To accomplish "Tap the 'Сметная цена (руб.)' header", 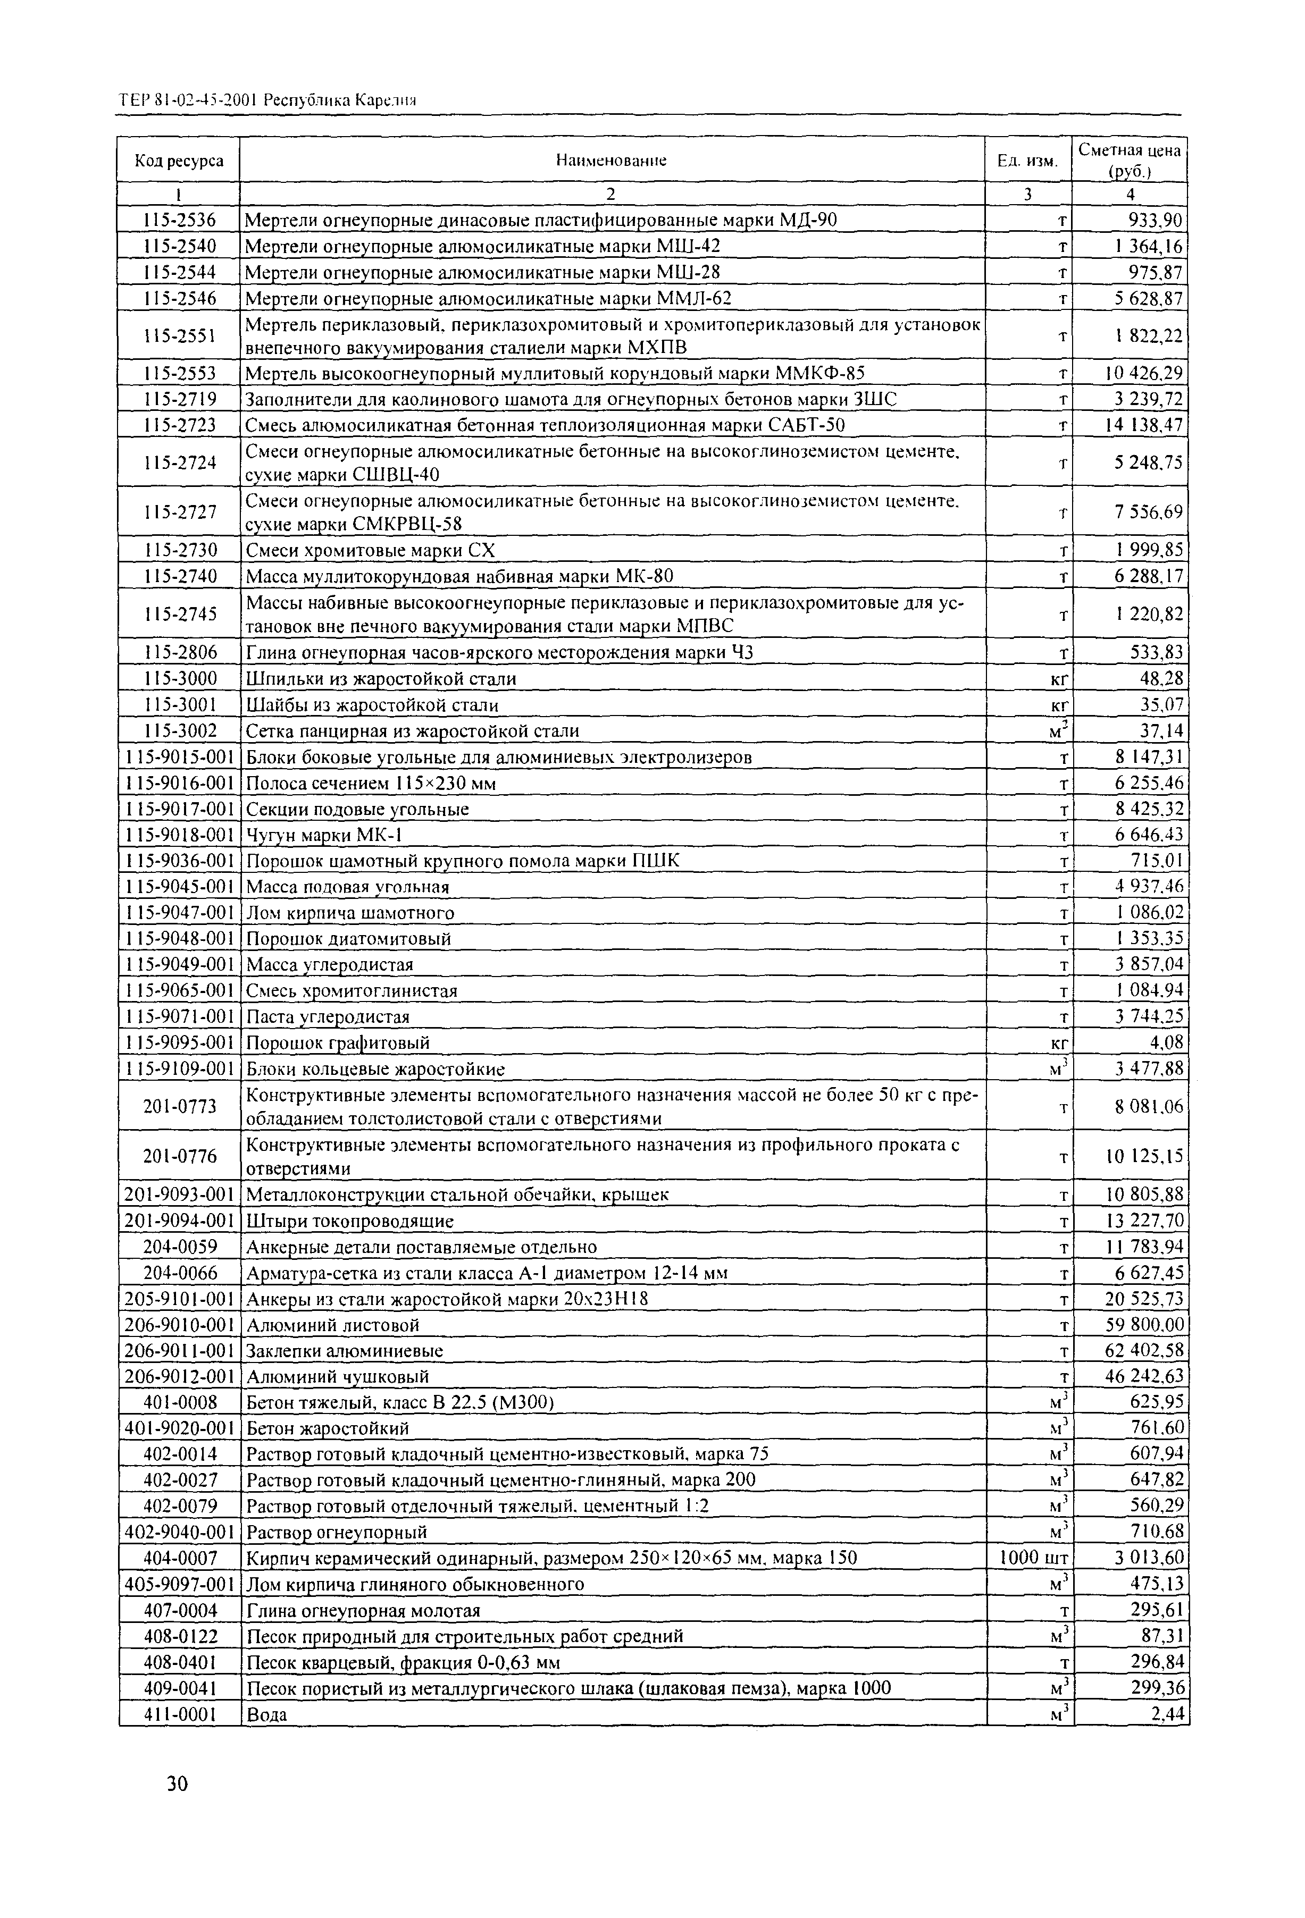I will click(x=1129, y=160).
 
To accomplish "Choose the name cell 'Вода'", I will click(x=266, y=1714).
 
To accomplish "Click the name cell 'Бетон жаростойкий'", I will click(x=328, y=1428).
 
